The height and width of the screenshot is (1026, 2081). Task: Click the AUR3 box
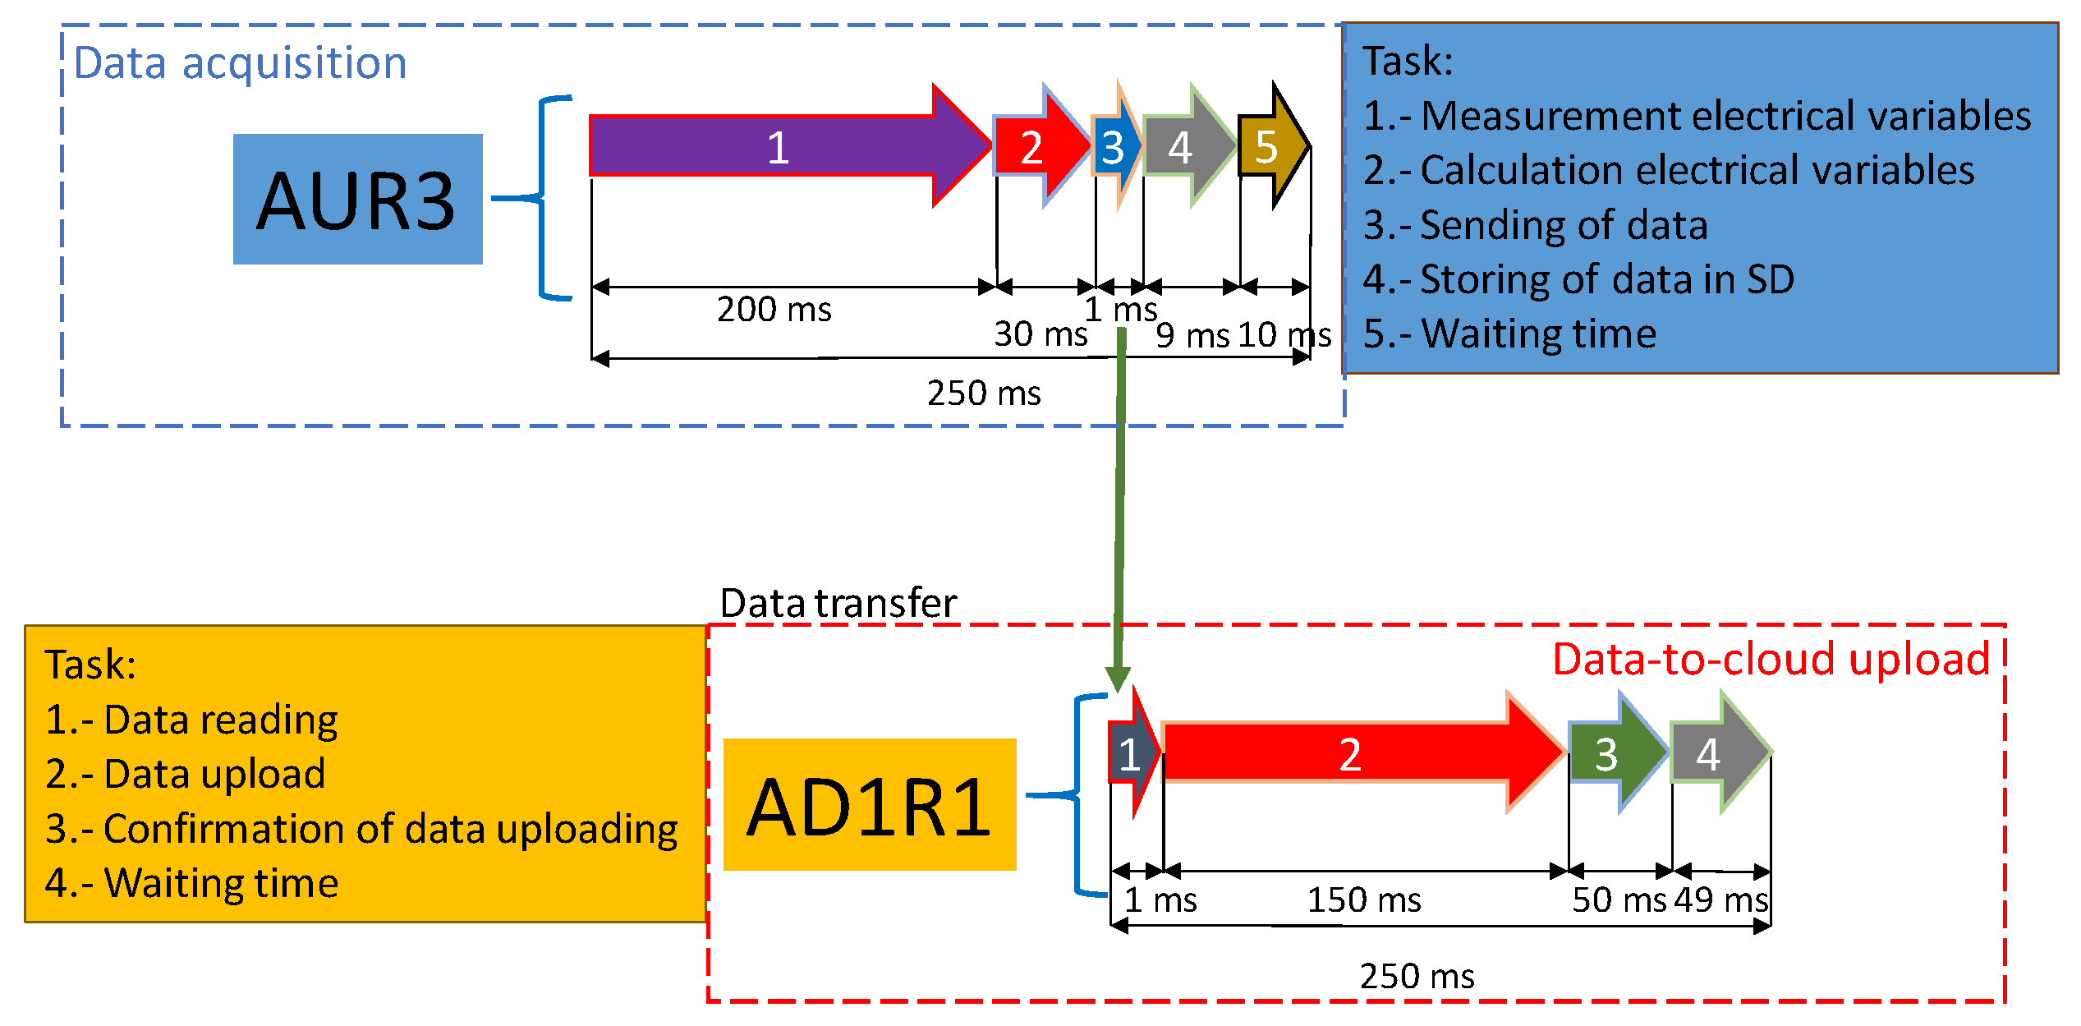point(357,200)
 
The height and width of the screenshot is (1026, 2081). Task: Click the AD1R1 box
point(869,805)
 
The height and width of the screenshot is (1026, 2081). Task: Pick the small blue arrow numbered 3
point(1114,147)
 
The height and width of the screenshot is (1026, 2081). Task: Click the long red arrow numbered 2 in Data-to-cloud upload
point(1351,752)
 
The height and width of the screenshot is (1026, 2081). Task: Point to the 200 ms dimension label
point(774,310)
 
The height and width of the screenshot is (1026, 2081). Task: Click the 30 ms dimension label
point(1040,334)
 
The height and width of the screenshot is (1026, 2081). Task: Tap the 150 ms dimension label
point(1363,899)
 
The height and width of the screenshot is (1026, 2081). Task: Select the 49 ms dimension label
point(1720,899)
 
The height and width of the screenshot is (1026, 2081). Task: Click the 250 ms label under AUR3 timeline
point(983,393)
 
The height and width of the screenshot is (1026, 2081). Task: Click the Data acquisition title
point(240,63)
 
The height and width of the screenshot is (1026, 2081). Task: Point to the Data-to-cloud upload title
point(1771,659)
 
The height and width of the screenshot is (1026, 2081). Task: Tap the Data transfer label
point(838,603)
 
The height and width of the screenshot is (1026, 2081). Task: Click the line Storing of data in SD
point(1577,279)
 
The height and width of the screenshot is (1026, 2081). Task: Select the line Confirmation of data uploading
point(361,828)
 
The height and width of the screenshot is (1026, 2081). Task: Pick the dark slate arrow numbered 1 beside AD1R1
point(1130,754)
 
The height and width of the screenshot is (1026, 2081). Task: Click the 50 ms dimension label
point(1618,899)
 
